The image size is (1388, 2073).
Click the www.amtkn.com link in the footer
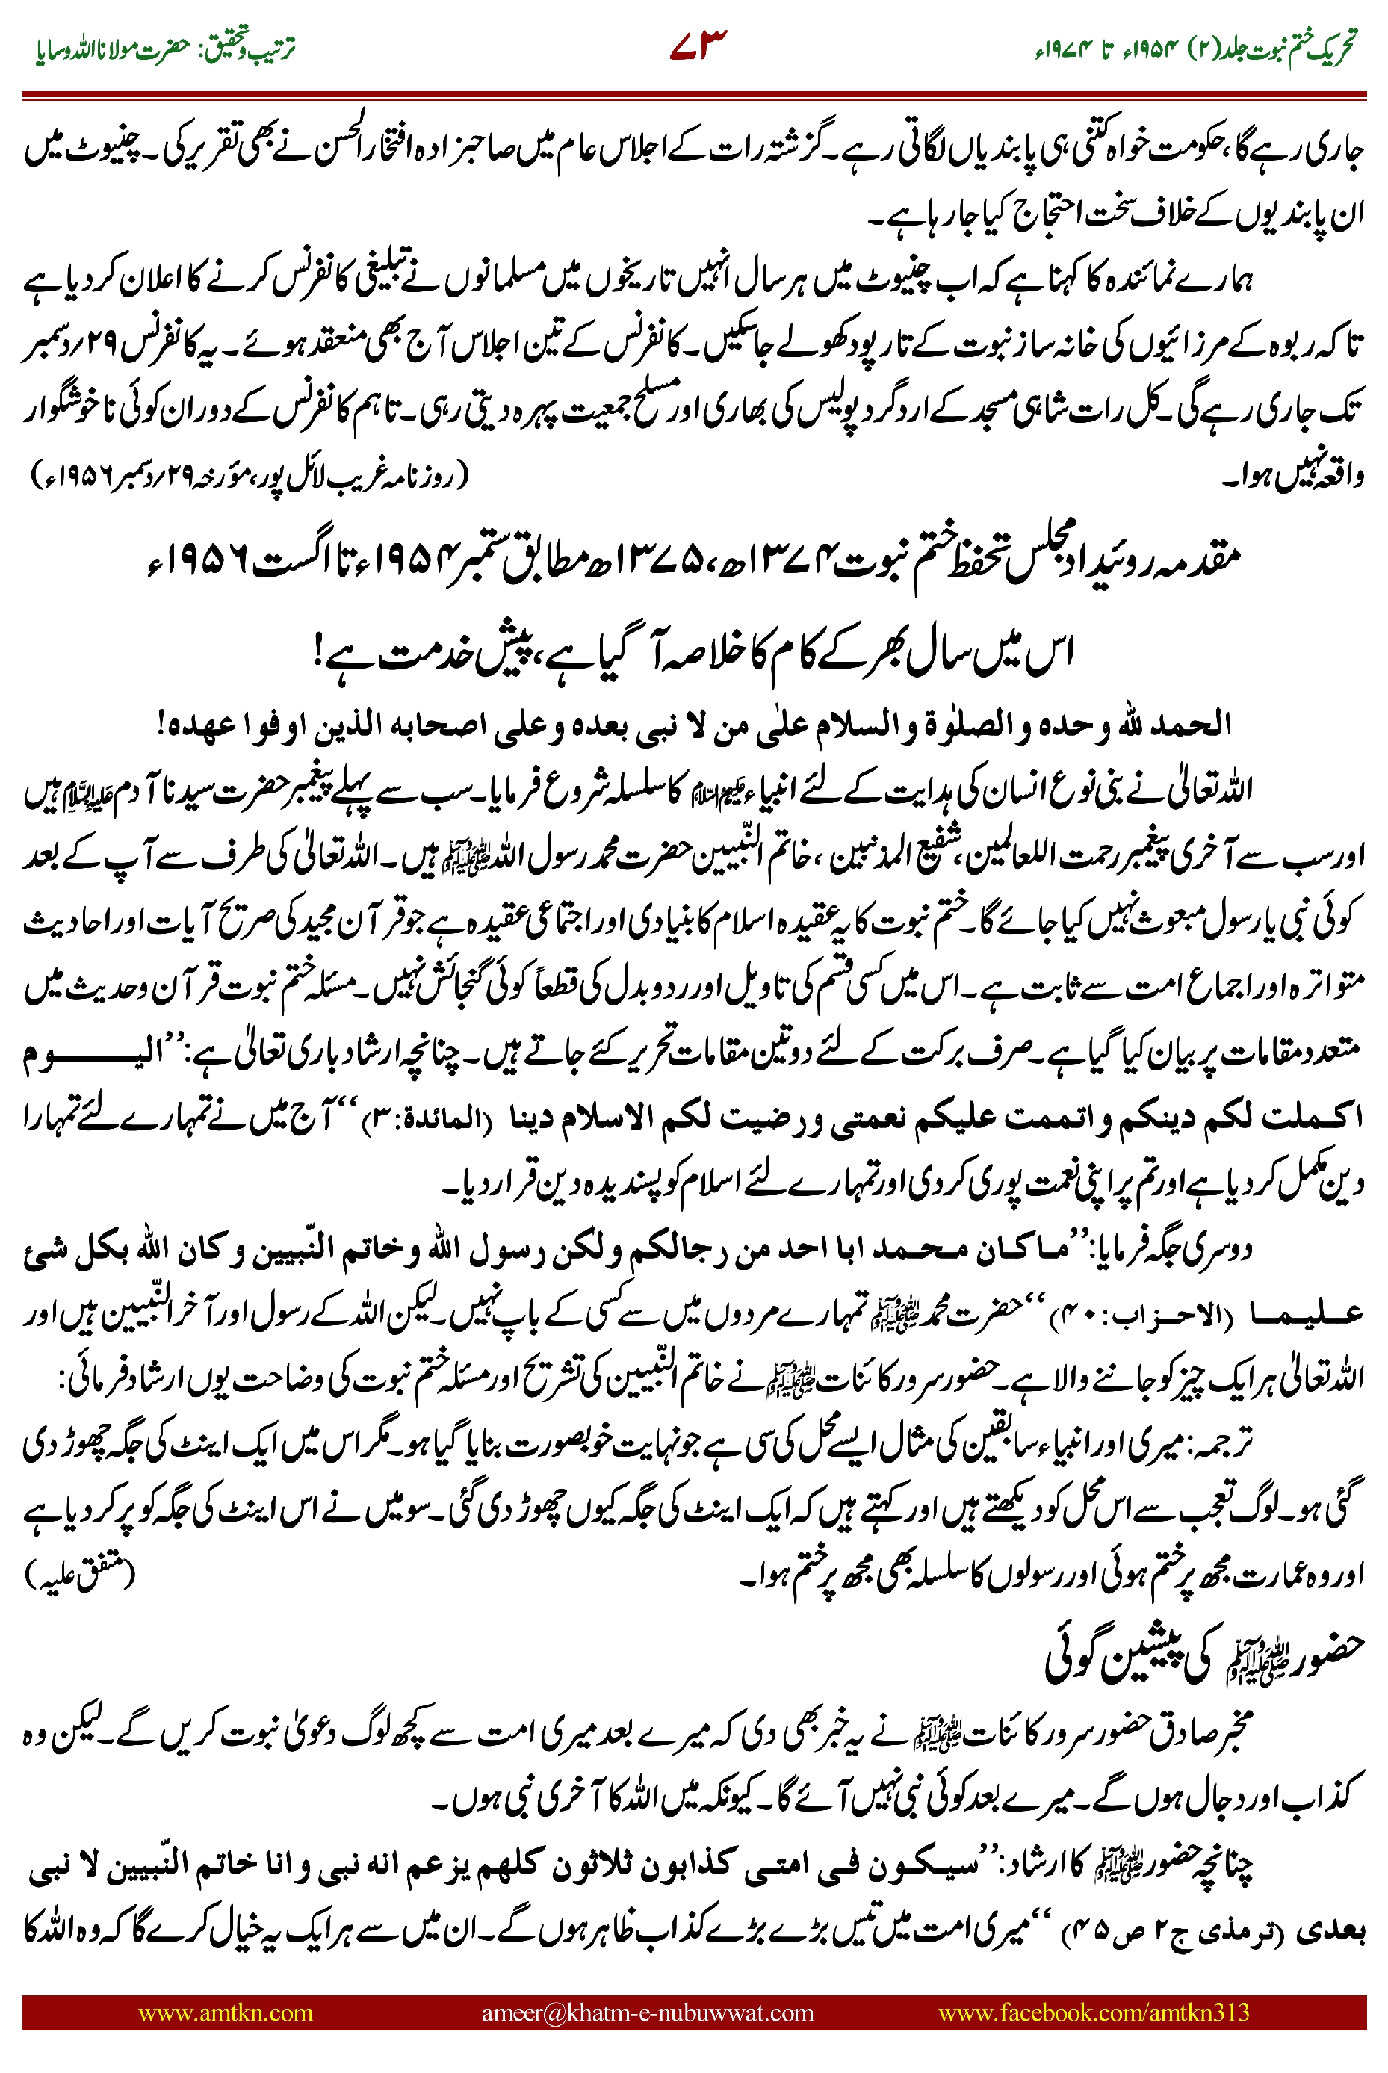pyautogui.click(x=225, y=2012)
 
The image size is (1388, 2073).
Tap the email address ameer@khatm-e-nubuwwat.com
pyautogui.click(x=647, y=2012)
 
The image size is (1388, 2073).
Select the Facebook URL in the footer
pyautogui.click(x=1093, y=2012)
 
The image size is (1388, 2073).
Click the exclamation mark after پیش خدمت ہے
pyautogui.click(x=320, y=656)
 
